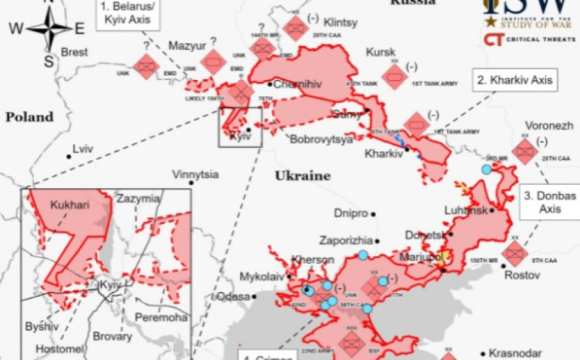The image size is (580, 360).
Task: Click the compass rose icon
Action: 48,29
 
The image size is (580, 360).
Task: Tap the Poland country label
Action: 29,117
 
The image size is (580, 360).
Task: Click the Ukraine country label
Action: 302,175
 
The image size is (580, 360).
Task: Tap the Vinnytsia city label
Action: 195,174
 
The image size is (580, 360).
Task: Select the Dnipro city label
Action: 350,214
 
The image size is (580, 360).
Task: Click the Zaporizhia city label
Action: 344,240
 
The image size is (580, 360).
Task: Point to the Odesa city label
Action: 233,297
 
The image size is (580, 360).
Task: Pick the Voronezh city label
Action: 549,125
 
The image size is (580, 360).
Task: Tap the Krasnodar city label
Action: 515,353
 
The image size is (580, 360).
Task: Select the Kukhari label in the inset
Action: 69,204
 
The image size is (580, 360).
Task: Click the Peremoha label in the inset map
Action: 162,318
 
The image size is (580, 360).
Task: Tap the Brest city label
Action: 74,52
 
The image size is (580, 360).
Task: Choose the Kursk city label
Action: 381,52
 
